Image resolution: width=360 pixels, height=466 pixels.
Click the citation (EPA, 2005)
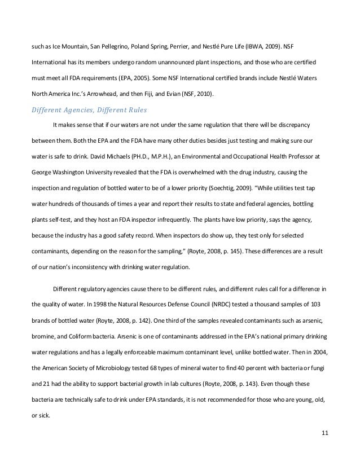pos(148,74)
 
